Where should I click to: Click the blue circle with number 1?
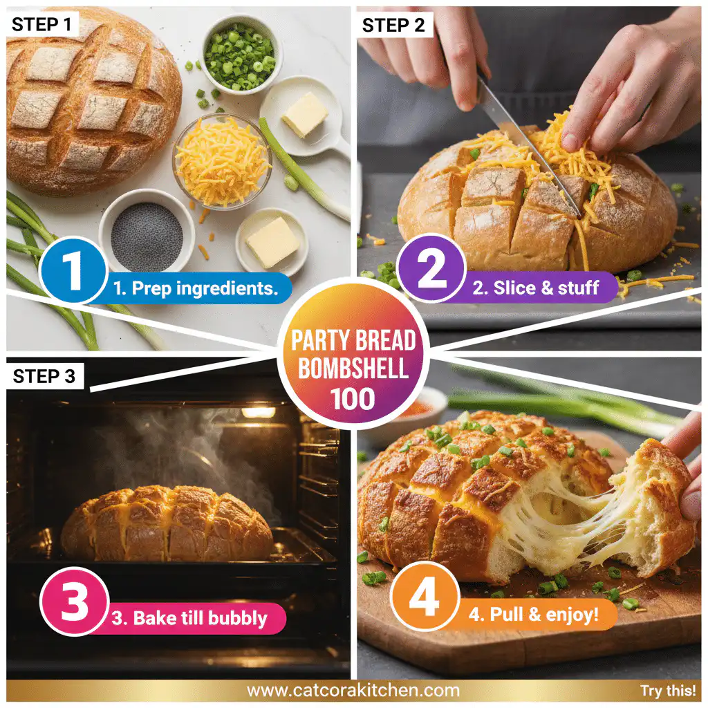73,271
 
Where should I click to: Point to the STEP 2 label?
395,26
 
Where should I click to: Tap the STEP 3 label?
46,376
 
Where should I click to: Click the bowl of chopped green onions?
239,52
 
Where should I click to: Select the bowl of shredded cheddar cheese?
222,160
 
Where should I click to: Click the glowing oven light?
259,413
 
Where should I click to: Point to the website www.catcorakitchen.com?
353,690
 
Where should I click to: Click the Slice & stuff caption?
536,288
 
